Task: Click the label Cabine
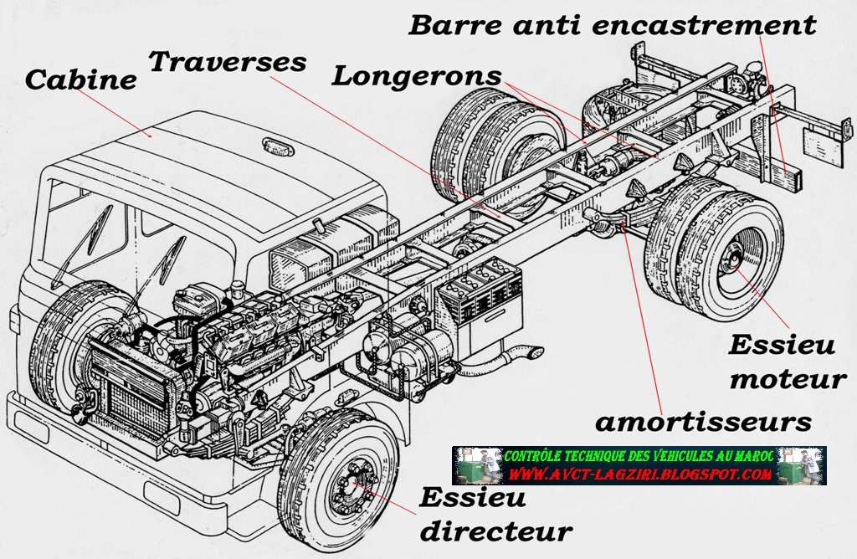coord(80,79)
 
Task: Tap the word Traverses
coord(228,61)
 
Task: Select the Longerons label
coord(417,75)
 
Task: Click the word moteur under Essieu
coord(787,379)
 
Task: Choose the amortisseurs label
coord(703,421)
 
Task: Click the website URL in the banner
coord(639,474)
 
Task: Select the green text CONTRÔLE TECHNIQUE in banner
coord(586,456)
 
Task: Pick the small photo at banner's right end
coord(808,465)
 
